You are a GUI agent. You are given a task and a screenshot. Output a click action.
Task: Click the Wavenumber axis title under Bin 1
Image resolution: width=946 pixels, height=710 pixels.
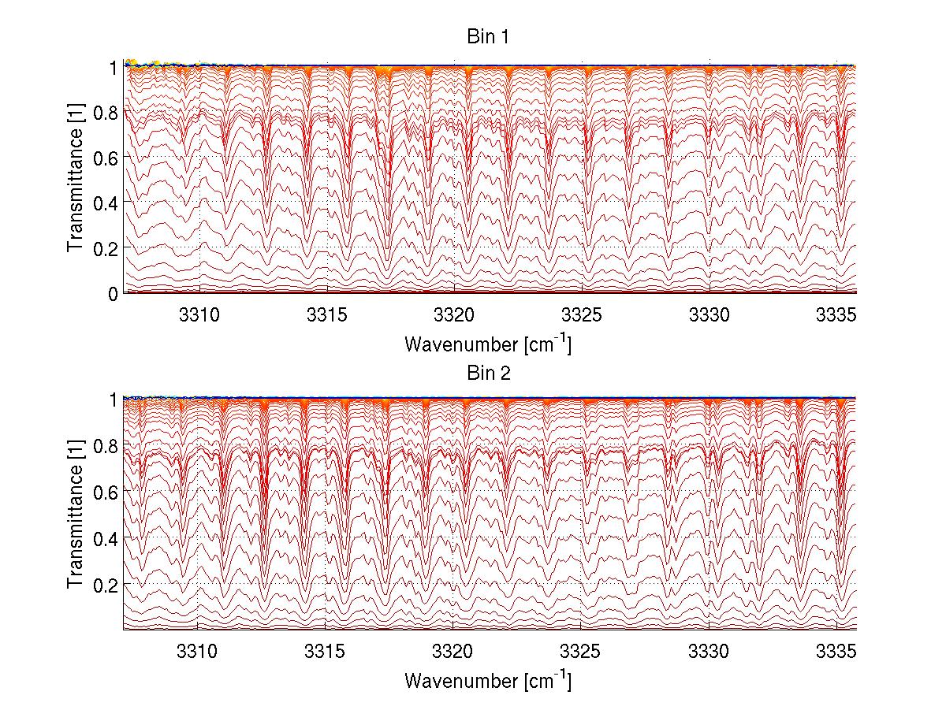[487, 344]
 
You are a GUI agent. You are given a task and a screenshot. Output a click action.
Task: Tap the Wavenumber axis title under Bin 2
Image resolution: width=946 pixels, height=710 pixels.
[487, 679]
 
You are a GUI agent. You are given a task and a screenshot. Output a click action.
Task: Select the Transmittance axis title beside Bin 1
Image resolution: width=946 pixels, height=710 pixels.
[76, 180]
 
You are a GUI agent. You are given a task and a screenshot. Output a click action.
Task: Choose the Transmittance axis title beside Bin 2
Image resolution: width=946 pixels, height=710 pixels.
[76, 515]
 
